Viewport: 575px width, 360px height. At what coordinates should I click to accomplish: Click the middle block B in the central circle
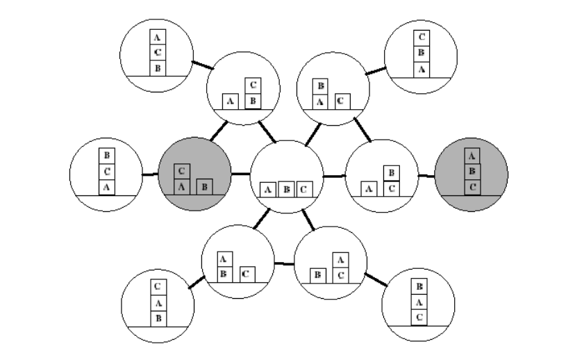tap(285, 188)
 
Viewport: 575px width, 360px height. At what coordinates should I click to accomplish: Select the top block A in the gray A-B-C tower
tap(472, 156)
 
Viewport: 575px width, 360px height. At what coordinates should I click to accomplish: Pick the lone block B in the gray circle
tap(204, 186)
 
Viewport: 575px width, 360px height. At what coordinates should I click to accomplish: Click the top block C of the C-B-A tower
tap(421, 38)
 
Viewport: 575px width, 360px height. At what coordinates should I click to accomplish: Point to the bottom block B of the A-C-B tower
tap(158, 68)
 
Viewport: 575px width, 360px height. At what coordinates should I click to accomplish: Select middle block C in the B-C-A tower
tap(106, 171)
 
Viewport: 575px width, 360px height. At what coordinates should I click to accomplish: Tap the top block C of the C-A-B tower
tap(158, 286)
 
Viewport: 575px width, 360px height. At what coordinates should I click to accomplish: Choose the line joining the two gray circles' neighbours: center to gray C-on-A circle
tap(240, 173)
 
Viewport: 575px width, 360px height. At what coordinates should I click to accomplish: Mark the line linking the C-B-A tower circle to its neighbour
tap(376, 69)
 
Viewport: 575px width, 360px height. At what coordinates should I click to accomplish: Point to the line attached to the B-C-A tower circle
tap(150, 174)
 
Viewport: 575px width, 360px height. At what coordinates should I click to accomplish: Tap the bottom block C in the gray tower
tap(472, 186)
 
